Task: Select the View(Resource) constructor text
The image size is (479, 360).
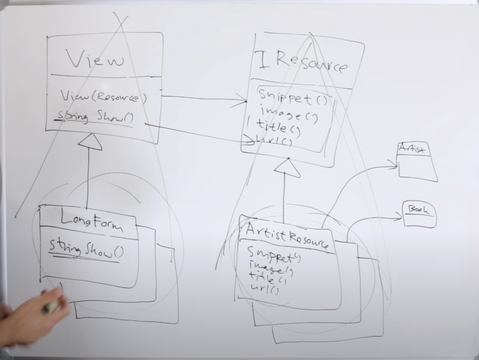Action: [103, 97]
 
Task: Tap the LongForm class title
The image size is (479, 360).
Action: [92, 221]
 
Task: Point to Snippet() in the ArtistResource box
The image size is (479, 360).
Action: [274, 255]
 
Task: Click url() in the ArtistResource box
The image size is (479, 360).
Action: [265, 289]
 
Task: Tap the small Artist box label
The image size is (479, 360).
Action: [411, 149]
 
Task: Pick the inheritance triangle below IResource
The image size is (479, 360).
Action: [287, 167]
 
